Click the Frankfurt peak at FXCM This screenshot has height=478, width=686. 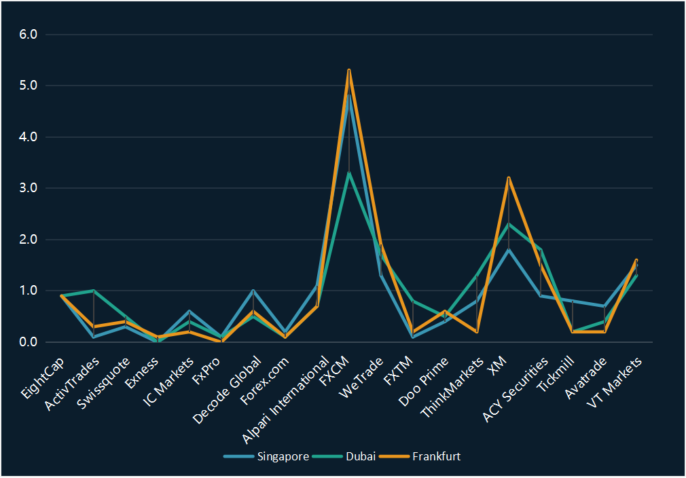tap(349, 70)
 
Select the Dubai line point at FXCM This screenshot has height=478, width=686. tap(349, 172)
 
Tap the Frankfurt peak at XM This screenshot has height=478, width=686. tap(509, 178)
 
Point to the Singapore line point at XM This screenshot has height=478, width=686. tap(509, 250)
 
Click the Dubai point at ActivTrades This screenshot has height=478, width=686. tap(94, 291)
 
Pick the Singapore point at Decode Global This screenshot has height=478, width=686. tap(253, 291)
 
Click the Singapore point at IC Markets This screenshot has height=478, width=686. tap(189, 311)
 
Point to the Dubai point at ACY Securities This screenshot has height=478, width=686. tap(541, 250)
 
